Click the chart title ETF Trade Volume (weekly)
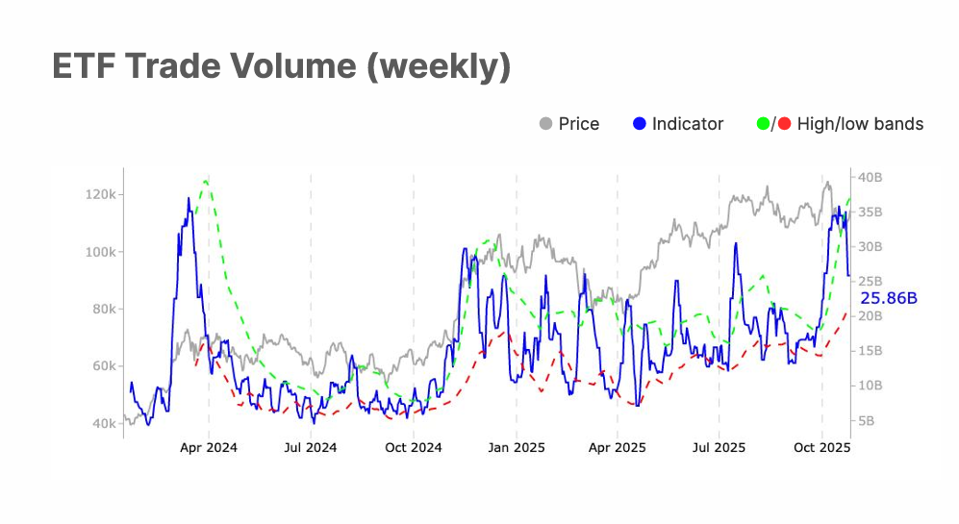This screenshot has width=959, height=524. coord(280,67)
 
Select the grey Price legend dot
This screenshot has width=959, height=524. coord(546,124)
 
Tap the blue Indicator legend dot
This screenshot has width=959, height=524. coord(640,124)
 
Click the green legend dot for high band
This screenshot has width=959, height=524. coord(765,124)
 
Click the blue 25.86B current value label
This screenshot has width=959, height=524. coord(888,298)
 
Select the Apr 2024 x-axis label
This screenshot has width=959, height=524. coord(209,448)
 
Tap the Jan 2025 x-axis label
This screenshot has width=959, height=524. coord(516,448)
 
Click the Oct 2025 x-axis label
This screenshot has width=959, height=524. coord(821,448)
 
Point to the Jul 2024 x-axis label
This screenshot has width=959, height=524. coord(311,448)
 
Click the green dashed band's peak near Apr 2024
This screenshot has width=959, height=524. coord(205,180)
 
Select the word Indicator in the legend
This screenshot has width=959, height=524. coord(688,124)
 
